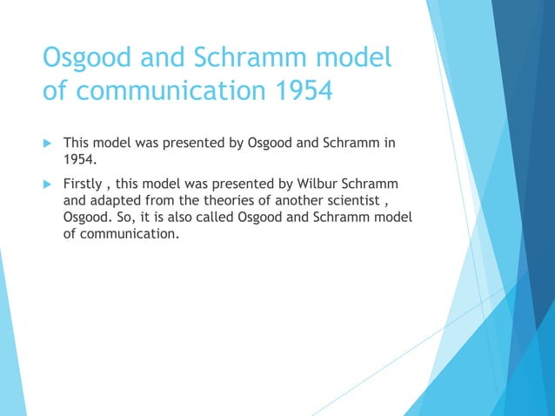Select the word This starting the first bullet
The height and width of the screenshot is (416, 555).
78,142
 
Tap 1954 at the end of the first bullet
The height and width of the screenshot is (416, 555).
79,159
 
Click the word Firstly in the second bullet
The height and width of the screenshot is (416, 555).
84,185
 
